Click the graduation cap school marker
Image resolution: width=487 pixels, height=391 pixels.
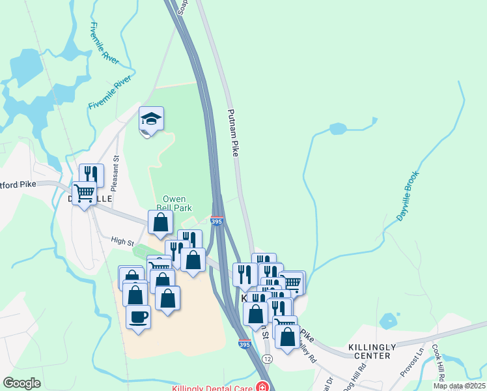(151, 119)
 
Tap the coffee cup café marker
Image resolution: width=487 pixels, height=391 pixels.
(138, 317)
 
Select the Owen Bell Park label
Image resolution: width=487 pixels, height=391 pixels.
(174, 203)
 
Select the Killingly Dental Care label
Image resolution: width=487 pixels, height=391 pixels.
(212, 388)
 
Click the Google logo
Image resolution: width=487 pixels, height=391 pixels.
(22, 383)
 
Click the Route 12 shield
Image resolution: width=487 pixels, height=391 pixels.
(268, 359)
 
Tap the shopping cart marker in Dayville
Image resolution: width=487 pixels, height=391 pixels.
(84, 194)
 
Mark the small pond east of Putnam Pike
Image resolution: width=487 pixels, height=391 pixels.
(339, 128)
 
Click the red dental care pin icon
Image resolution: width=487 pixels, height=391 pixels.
(262, 387)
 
